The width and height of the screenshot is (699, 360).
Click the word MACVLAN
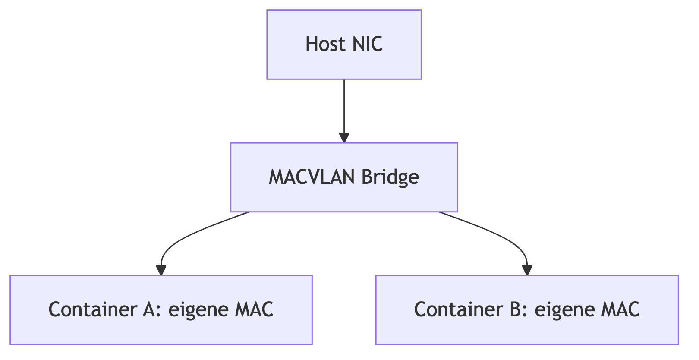click(x=312, y=177)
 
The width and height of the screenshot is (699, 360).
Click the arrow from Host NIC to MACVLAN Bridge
click(x=344, y=108)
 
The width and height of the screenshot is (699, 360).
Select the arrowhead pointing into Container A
click(x=161, y=270)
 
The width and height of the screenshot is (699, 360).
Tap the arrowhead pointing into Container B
click(x=527, y=270)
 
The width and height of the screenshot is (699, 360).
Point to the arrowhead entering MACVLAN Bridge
click(x=344, y=137)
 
